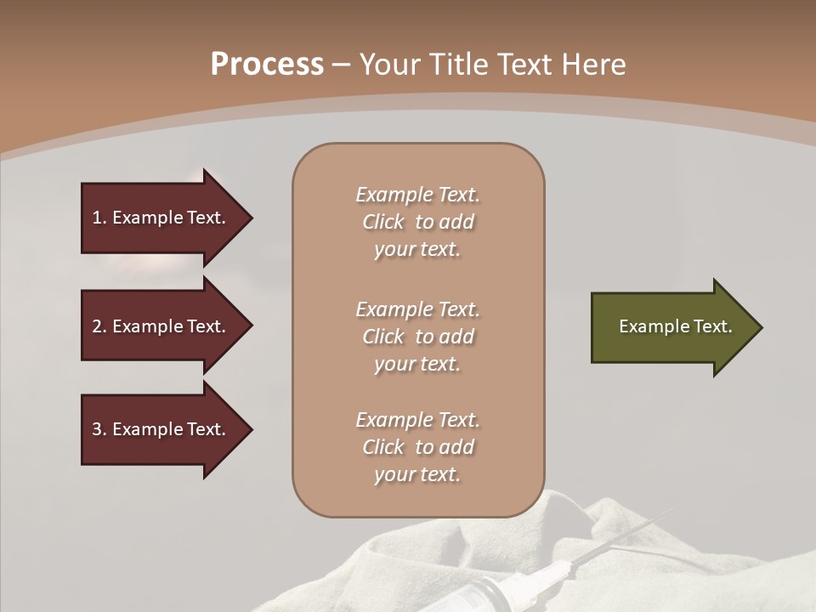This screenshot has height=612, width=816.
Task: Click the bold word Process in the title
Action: (267, 65)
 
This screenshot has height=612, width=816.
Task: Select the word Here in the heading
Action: (592, 65)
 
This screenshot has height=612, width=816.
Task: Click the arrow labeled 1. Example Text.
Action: (161, 218)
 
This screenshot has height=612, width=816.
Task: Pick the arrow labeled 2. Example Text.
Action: (161, 326)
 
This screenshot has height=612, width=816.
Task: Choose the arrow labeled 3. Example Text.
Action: (161, 429)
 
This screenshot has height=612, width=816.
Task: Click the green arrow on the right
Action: (671, 327)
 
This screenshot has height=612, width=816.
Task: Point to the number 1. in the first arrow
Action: (99, 218)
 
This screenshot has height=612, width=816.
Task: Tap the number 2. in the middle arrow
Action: (99, 326)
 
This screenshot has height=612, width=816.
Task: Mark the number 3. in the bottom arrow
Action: (99, 429)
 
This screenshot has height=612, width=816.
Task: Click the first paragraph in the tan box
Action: (417, 222)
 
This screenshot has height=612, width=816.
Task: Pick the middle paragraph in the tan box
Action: (417, 337)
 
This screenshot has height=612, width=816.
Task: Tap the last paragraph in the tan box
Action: (417, 447)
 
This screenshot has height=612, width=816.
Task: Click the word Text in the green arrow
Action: (713, 326)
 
